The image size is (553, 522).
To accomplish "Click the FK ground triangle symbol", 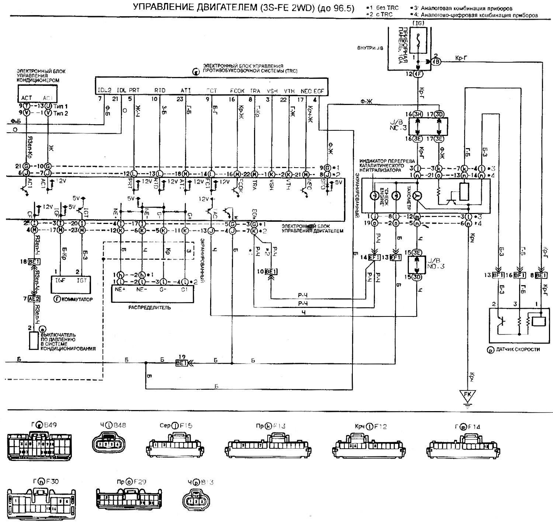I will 467,395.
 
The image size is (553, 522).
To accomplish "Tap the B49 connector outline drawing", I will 40,446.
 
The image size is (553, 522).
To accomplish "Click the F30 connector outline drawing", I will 42,502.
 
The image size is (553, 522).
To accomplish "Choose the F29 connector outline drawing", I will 129,499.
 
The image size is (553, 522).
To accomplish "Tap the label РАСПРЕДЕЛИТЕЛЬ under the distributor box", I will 149,307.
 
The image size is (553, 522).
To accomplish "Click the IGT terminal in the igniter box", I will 81,280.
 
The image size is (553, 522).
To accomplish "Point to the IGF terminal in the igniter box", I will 61,280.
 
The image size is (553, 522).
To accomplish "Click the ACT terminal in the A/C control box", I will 27,98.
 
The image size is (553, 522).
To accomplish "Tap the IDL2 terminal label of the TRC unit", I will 105,90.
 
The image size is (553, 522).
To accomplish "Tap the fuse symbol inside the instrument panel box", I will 418,40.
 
